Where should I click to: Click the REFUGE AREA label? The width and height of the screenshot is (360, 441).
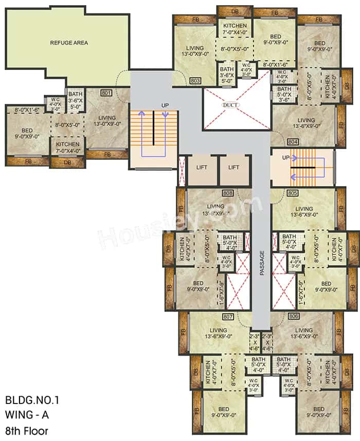(x=67, y=43)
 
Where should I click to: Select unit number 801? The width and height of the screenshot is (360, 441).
(x=106, y=94)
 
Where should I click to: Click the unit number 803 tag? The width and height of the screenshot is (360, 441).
(x=195, y=81)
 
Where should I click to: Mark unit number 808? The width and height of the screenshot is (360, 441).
(x=228, y=194)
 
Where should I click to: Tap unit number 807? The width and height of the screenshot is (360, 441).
(x=228, y=317)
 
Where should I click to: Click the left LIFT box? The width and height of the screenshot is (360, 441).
(x=202, y=168)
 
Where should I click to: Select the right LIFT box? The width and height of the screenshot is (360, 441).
(x=234, y=168)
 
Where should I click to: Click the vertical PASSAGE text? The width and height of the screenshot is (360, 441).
(x=261, y=263)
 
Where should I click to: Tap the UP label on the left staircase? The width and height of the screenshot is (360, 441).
(x=165, y=105)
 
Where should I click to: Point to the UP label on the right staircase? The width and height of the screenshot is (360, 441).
(x=286, y=157)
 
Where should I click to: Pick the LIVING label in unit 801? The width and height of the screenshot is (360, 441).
(x=107, y=120)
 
